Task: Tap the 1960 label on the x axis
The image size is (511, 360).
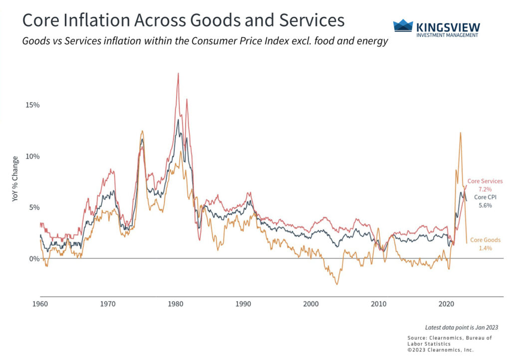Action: pyautogui.click(x=40, y=304)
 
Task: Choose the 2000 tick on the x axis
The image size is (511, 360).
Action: pyautogui.click(x=311, y=304)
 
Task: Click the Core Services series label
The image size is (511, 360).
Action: pyautogui.click(x=485, y=181)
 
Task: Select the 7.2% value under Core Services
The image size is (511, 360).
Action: pyautogui.click(x=485, y=189)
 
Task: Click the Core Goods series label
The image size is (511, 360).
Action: pyautogui.click(x=485, y=240)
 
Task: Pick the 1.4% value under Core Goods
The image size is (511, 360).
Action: pyautogui.click(x=485, y=248)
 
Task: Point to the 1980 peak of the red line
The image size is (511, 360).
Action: pyautogui.click(x=178, y=73)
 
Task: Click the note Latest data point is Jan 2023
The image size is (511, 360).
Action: pyautogui.click(x=462, y=328)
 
